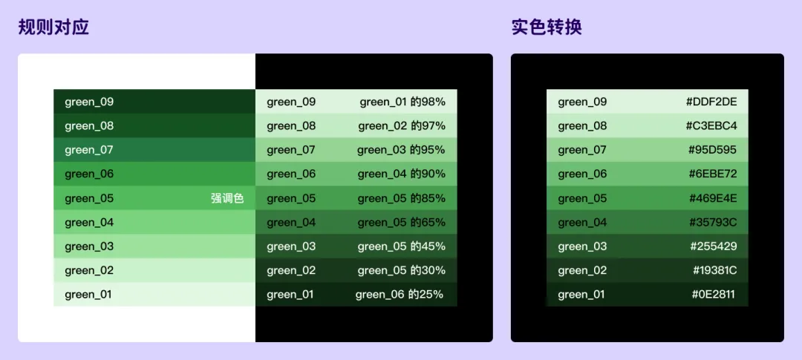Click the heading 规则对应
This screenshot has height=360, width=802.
(53, 27)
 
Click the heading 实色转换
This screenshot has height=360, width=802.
(547, 27)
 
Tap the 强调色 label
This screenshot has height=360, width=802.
(227, 198)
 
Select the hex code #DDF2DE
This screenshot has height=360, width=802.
(711, 102)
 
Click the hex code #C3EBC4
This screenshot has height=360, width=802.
(711, 126)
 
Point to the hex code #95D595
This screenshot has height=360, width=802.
(713, 150)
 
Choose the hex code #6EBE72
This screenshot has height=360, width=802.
(713, 174)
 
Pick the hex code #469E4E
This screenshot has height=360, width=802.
(713, 198)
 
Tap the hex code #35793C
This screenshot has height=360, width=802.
(713, 222)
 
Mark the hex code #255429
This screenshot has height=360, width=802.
(714, 246)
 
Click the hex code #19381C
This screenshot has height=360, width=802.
(715, 270)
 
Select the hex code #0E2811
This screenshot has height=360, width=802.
(714, 295)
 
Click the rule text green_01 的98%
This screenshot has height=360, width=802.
(402, 102)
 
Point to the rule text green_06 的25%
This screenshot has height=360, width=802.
(400, 295)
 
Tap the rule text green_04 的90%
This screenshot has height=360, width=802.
(401, 174)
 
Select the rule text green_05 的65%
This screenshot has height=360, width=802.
(401, 222)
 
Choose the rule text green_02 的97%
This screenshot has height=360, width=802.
(402, 126)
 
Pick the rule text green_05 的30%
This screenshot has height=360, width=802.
(401, 270)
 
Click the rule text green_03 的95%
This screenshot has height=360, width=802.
(401, 150)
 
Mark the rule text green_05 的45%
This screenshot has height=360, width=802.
(401, 246)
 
